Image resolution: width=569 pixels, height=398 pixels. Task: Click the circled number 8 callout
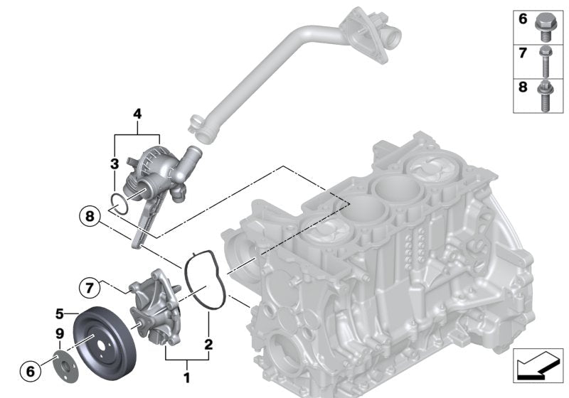90,216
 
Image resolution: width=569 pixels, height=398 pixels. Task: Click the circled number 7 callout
90,288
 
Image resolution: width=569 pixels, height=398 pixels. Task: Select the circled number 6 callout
31,371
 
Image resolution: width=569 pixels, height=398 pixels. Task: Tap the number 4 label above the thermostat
137,114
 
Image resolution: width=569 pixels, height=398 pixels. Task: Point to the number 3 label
115,163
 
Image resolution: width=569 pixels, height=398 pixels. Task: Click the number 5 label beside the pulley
60,313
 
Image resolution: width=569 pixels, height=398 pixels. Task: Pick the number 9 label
60,333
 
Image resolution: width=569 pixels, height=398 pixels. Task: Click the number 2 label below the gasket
208,345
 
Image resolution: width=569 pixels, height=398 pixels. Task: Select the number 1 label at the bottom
186,377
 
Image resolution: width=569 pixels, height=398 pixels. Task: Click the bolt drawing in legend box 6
543,28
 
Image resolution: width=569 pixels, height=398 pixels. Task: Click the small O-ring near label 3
118,204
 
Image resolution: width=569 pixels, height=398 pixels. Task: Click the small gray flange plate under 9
65,367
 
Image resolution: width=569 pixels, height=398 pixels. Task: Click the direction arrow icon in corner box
538,366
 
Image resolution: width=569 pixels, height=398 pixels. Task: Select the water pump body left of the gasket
155,307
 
